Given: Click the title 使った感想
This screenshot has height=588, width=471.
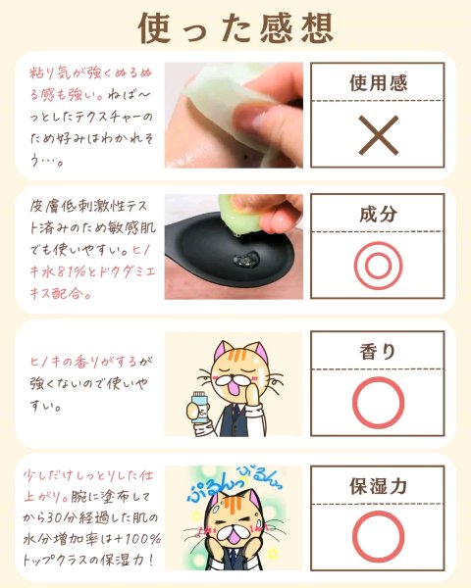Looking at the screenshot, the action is coord(235,28).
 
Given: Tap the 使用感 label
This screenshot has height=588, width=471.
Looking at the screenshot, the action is coord(378,83).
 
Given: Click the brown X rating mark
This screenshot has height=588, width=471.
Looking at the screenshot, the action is coord(378,135).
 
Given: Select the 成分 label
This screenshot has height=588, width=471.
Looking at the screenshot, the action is coord(378,214).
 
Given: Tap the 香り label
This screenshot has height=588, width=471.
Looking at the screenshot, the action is coord(378,352).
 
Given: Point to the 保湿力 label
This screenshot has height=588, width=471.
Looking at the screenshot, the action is coord(378,486).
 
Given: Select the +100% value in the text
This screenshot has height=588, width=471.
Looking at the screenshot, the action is coord(138,539).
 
